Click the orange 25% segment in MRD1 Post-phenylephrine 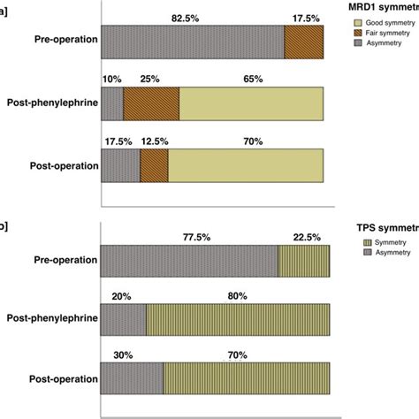[151, 103]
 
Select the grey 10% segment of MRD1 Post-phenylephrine [113, 103]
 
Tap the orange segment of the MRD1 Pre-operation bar [307, 42]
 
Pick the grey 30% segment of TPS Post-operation [133, 378]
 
